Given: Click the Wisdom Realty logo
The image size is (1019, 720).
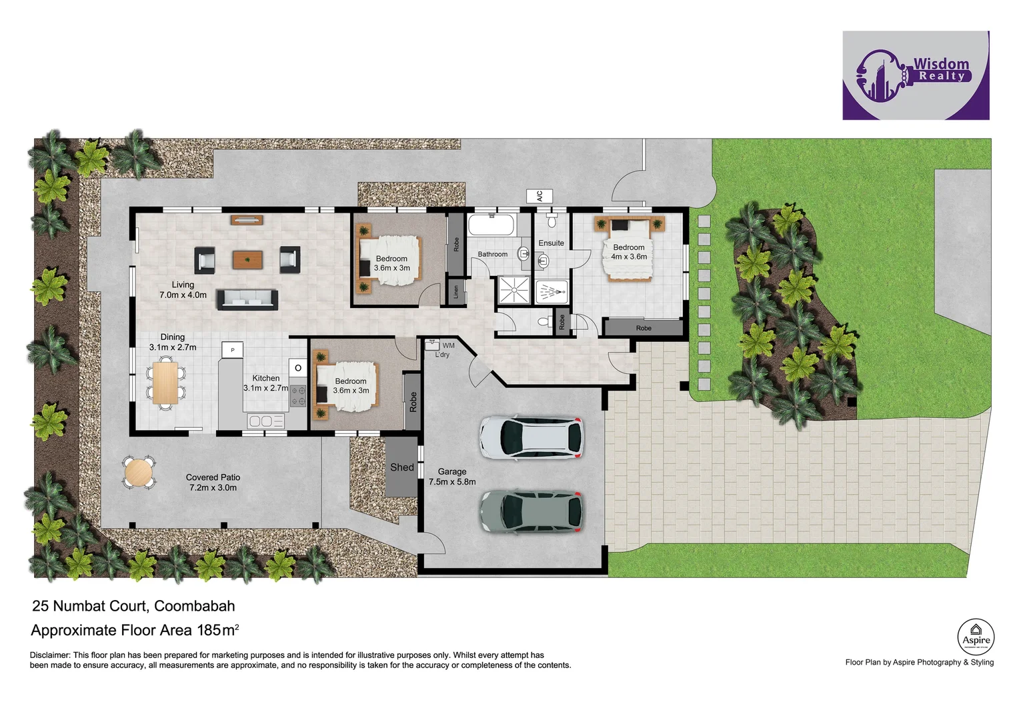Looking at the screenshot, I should [x=915, y=75].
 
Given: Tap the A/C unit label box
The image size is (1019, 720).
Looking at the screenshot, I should [x=539, y=196].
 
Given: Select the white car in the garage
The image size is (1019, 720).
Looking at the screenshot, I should [x=531, y=438].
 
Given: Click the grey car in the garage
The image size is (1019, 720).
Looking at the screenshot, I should [x=531, y=511].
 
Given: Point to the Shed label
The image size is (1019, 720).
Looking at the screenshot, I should [x=401, y=467].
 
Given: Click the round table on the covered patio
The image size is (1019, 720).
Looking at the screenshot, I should [x=139, y=473].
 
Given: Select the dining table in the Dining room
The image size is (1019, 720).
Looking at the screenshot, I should [x=165, y=383].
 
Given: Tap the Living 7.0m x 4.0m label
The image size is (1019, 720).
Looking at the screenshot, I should [x=183, y=289].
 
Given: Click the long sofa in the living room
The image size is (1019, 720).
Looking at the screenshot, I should [x=247, y=299].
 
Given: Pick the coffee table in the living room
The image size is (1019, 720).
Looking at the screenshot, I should [x=247, y=259].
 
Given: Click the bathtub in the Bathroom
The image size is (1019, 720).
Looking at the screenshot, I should [x=491, y=225].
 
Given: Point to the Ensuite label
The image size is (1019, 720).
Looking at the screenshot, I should [x=551, y=243].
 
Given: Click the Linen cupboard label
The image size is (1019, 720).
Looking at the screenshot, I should [x=456, y=292].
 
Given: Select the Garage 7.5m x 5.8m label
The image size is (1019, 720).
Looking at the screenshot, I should [x=452, y=477].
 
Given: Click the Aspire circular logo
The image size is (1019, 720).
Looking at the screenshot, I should [x=976, y=637].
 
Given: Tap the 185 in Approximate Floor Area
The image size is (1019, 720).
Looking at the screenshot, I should [x=209, y=630].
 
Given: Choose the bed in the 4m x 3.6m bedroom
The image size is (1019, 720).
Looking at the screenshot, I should [x=628, y=251].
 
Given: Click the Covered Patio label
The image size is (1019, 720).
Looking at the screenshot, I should [x=213, y=482].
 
